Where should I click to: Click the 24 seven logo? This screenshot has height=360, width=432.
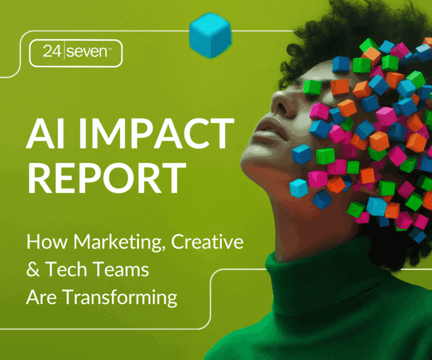pos(76,53)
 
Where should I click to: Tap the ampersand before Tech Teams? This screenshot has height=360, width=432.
pos(34,269)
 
